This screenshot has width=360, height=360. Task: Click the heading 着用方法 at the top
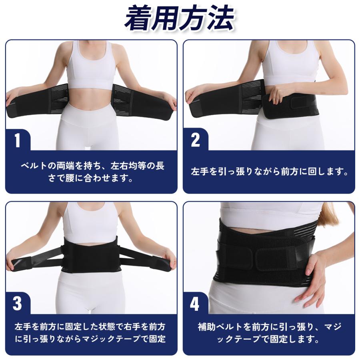(x=179, y=19)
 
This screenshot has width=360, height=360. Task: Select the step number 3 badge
(x=18, y=303)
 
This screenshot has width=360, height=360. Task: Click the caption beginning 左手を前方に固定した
(x=90, y=333)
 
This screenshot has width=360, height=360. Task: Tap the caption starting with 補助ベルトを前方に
(x=269, y=333)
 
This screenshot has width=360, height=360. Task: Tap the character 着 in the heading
(x=138, y=19)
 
